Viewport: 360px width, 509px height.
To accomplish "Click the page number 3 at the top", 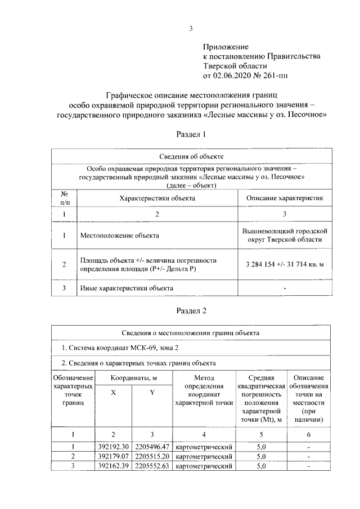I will click(191, 29).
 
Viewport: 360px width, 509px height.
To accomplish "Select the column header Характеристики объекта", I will click(157, 198).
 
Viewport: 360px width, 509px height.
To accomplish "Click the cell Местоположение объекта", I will click(119, 236).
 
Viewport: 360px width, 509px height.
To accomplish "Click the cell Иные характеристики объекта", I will click(127, 289).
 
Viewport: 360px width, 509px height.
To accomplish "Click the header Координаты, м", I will click(133, 379).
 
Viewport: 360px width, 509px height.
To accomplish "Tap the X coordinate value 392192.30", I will click(114, 446).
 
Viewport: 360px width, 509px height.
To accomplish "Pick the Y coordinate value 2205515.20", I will click(152, 456).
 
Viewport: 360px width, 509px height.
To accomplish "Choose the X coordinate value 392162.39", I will click(114, 466).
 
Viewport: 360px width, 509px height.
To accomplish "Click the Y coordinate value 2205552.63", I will click(152, 466).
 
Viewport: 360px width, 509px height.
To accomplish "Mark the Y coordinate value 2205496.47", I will click(152, 446).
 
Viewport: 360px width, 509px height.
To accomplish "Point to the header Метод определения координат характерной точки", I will click(204, 391).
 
